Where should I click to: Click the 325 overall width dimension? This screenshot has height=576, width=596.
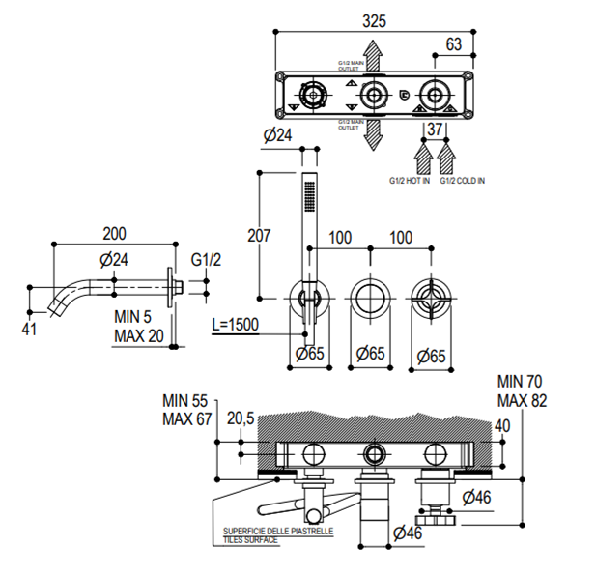click(374, 18)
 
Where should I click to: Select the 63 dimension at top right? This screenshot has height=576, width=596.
click(453, 43)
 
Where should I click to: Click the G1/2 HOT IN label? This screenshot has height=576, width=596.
click(409, 180)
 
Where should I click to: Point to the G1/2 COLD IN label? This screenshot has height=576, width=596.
click(463, 180)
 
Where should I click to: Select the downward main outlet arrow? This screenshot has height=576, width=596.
click(374, 134)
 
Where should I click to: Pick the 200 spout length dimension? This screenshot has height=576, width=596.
click(114, 233)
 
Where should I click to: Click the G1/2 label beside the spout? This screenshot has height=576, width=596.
click(206, 260)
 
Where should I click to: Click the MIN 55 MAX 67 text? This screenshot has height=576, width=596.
click(187, 409)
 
